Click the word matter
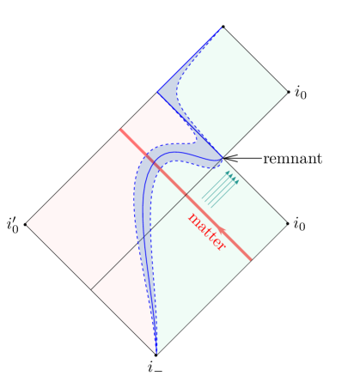point(206,232)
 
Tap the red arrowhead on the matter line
point(221,229)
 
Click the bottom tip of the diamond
point(156,353)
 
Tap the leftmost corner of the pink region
point(27,223)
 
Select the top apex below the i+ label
point(222,28)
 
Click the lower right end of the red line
point(252,259)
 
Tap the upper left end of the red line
point(120,130)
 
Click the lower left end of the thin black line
point(92,288)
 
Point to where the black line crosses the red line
point(186,195)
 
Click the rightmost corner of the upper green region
point(286,92)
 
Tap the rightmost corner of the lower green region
point(286,223)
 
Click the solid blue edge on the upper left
point(189,60)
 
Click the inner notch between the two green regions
point(223,158)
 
